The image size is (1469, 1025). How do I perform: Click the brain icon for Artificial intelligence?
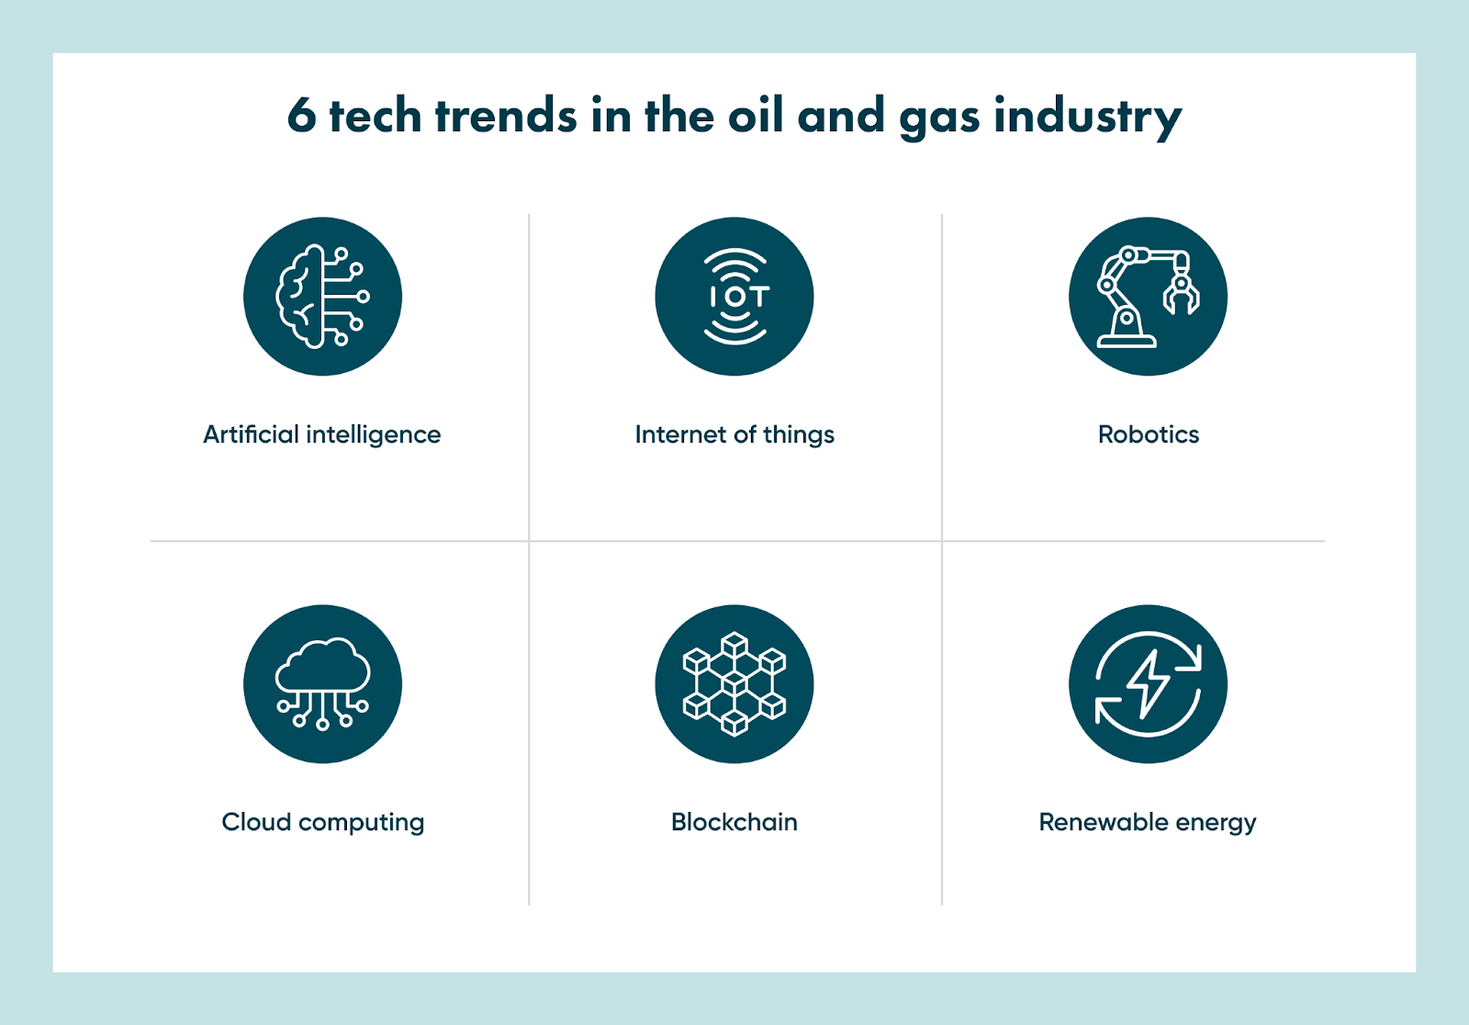pos(321,296)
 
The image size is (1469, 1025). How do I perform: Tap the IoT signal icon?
pos(734,296)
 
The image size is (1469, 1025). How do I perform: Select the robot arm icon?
pos(1147,296)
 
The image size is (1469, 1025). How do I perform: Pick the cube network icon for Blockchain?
pos(734,683)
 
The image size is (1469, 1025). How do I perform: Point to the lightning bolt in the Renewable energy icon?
pos(1148,683)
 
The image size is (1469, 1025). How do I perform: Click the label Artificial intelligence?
pos(321,434)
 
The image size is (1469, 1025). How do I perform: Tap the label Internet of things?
pos(734,434)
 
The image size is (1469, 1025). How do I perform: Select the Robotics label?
pos(1148,434)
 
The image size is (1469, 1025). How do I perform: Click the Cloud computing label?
pos(322,822)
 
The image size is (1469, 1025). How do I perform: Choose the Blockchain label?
pos(734,822)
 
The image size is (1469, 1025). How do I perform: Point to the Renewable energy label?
pos(1147,822)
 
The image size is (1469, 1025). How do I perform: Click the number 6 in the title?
pos(301,117)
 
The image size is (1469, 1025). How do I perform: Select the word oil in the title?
pos(757,116)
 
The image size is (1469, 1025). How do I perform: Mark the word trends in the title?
pos(506,117)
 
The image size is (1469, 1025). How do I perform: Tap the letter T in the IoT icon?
pos(758,297)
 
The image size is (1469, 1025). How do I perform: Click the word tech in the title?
pos(375,117)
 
